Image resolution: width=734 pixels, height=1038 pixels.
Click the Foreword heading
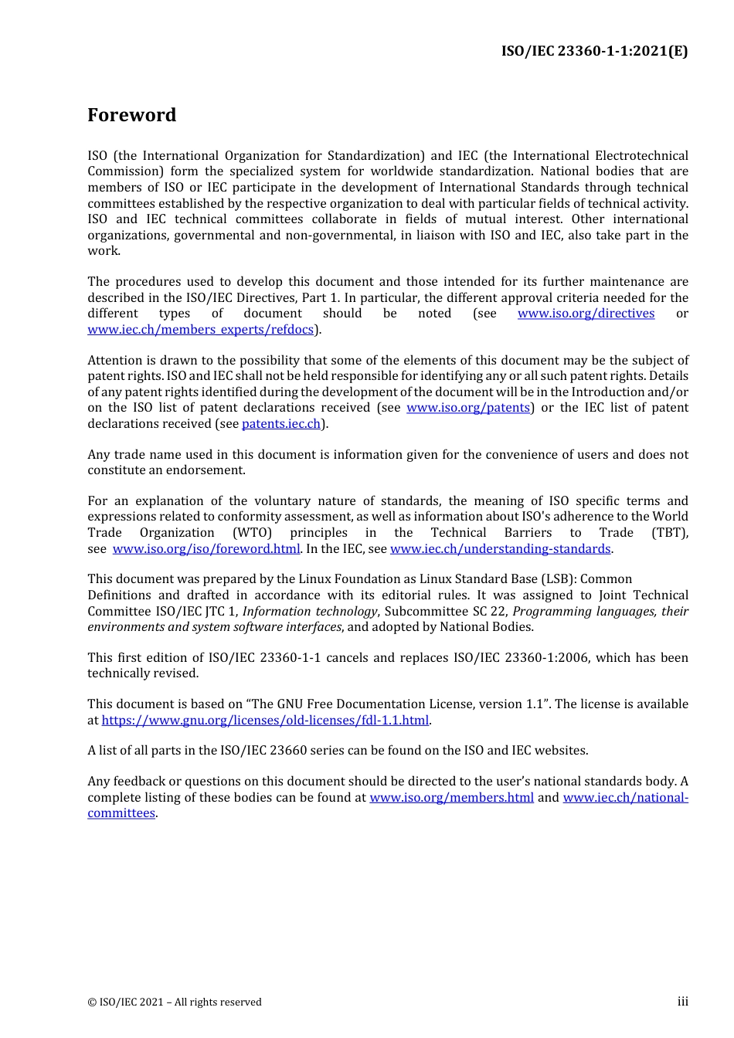tap(131, 115)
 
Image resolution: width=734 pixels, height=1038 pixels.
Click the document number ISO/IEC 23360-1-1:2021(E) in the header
tap(594, 51)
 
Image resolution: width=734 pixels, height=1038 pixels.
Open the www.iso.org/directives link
tap(586, 314)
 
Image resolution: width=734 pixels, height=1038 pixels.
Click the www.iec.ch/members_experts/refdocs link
tap(201, 330)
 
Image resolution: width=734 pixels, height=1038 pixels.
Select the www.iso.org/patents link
tap(468, 408)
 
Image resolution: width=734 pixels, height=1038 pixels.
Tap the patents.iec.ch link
tap(281, 424)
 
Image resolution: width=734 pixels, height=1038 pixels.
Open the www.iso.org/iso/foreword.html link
tap(206, 549)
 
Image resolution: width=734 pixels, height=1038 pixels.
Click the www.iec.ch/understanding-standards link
tap(501, 549)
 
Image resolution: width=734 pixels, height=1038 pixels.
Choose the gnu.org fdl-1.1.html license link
tap(265, 721)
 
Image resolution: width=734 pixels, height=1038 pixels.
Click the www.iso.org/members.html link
tap(451, 798)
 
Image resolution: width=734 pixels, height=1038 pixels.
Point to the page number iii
tap(682, 1002)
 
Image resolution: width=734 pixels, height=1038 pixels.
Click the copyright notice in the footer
tap(175, 1002)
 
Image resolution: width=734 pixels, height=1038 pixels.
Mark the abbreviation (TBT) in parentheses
tap(669, 533)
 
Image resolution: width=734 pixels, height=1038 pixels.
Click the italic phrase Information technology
tap(310, 612)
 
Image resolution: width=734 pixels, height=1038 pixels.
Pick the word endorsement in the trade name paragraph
tap(209, 470)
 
